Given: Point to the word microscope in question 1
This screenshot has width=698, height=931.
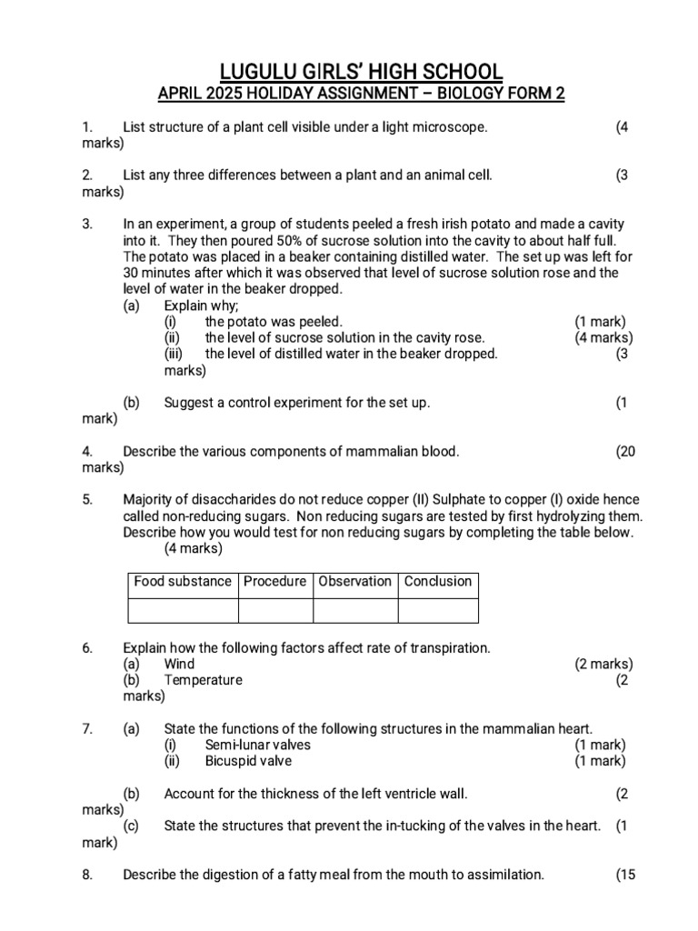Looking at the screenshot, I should click(454, 127).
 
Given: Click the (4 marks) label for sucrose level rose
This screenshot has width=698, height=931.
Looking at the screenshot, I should click(603, 337).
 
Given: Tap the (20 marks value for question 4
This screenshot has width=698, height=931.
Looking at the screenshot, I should click(625, 451).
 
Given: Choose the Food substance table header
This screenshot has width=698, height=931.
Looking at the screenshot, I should click(183, 582).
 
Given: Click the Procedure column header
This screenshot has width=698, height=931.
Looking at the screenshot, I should click(274, 582).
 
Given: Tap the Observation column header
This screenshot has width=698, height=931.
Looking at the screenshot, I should click(355, 582).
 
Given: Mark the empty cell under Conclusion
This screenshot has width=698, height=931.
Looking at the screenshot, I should click(437, 610).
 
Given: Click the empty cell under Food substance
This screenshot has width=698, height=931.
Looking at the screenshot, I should click(183, 610).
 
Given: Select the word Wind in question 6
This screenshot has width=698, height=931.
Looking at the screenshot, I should click(179, 664).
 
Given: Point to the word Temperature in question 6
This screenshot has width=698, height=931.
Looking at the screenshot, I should click(204, 680).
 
